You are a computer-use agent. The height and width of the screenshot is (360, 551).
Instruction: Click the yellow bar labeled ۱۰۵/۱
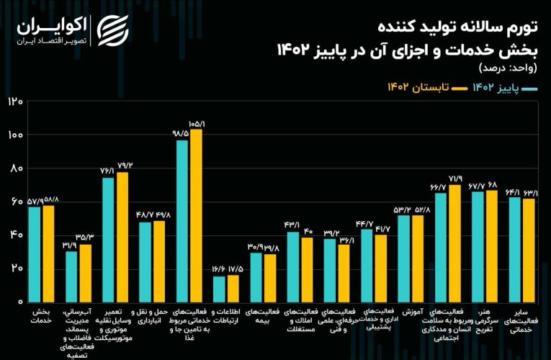tap(196, 215)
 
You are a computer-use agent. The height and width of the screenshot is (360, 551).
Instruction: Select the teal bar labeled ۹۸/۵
tap(182, 220)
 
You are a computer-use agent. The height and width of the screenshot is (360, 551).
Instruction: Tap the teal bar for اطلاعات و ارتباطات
tap(219, 288)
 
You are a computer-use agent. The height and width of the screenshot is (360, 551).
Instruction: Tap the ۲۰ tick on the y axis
tap(15, 269)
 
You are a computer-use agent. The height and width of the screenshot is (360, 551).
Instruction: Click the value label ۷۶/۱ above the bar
tap(108, 171)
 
